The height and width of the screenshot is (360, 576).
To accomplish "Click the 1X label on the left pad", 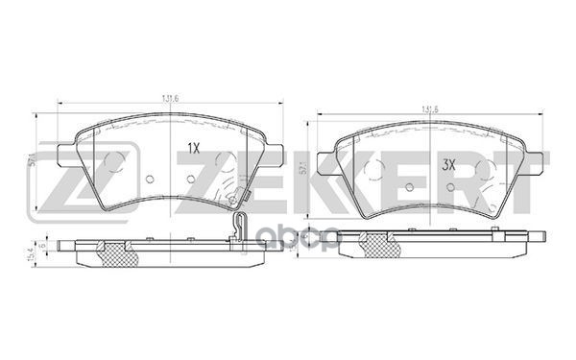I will point(192,149).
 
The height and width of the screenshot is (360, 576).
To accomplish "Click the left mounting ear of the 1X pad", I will point(65,153).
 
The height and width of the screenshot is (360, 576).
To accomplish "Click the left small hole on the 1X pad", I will point(151,179).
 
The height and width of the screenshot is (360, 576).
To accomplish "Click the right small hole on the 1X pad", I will point(191,179).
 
